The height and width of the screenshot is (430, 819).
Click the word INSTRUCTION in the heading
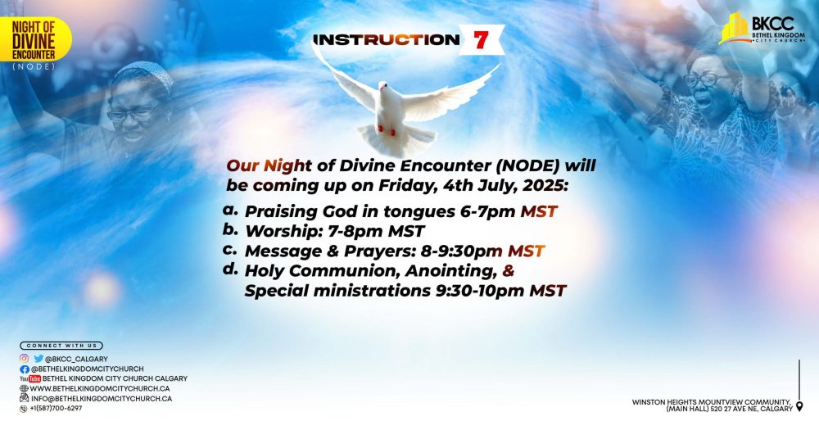click(387, 39)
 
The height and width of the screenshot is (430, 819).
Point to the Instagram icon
click(24, 358)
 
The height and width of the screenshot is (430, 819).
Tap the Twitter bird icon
click(38, 358)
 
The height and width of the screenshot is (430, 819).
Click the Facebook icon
click(24, 369)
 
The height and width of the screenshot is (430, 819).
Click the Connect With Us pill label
click(61, 346)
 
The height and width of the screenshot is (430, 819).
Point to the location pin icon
click(799, 406)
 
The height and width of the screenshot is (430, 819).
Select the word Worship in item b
click(282, 230)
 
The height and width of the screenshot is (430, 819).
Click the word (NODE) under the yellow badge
click(32, 66)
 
